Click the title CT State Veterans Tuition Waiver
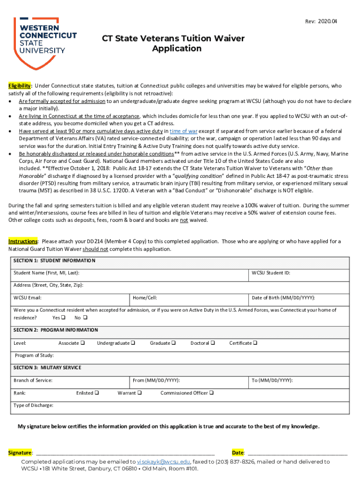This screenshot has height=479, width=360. [173, 38]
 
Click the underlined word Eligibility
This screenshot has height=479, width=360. [19, 86]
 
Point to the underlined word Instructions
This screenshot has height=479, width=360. [22, 241]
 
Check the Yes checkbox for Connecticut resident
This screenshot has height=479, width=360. [64, 318]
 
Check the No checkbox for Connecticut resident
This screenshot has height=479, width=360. [85, 318]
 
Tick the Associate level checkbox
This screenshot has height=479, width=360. [83, 343]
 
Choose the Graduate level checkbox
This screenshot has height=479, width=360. [173, 343]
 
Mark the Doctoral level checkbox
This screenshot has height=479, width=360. [213, 343]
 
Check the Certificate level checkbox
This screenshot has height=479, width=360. [255, 343]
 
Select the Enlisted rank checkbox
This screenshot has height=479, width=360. [97, 393]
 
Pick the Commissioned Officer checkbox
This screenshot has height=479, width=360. [211, 393]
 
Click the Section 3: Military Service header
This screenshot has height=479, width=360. [47, 368]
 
